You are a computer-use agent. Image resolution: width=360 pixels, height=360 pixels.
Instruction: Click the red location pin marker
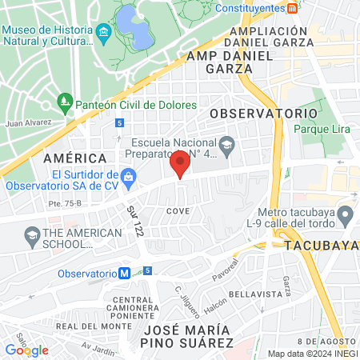180,165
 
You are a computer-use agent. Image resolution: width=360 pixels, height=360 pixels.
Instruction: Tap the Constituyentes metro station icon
294,8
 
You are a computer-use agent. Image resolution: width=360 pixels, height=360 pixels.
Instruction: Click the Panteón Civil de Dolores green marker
66,103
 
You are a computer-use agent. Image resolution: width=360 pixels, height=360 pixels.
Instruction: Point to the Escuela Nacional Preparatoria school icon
227,145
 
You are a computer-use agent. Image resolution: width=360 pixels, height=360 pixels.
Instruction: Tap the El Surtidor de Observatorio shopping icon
127,175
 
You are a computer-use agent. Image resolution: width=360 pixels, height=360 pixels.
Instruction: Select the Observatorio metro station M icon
125,273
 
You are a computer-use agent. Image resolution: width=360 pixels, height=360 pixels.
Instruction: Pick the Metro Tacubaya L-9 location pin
345,214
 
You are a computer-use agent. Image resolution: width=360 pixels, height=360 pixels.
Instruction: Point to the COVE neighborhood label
177,210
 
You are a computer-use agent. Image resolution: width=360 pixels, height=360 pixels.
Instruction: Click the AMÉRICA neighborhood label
75,158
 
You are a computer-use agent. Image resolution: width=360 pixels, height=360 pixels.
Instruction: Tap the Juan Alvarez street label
28,123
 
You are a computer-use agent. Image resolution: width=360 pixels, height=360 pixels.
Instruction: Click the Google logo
26,350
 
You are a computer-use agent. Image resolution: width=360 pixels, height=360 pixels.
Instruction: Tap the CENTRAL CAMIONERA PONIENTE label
133,306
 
